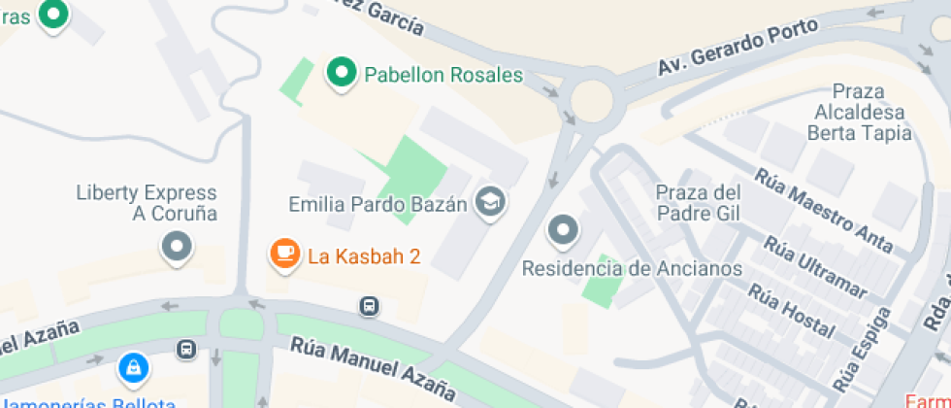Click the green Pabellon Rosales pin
coord(341,72)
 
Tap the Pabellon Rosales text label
coord(443,75)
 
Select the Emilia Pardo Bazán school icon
coord(493,201)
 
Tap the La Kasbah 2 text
coord(364,256)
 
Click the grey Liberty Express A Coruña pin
coord(177,246)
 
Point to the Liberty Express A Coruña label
coord(147,203)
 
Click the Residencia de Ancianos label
coord(633,268)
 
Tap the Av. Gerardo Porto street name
coord(724,51)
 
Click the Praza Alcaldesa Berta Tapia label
coord(860,113)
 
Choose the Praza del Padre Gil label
coord(699,202)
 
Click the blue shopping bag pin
coord(132,367)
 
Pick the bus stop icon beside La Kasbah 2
coord(370,307)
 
